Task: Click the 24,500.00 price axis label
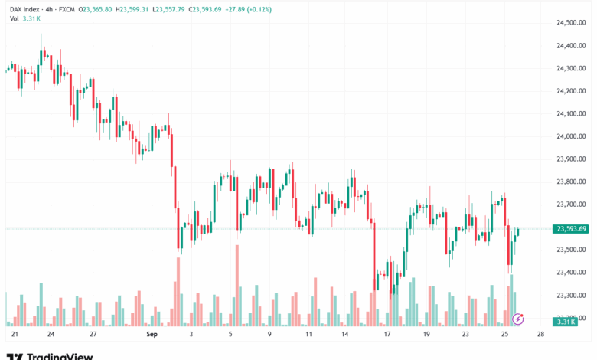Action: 570,23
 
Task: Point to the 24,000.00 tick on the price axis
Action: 570,136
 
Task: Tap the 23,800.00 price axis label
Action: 570,182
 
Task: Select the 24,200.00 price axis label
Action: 570,91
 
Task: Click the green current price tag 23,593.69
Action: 572,228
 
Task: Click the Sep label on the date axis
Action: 151,335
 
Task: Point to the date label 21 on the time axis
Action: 14,335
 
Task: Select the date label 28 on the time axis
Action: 540,335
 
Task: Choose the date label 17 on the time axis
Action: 387,335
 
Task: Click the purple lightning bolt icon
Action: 517,319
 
